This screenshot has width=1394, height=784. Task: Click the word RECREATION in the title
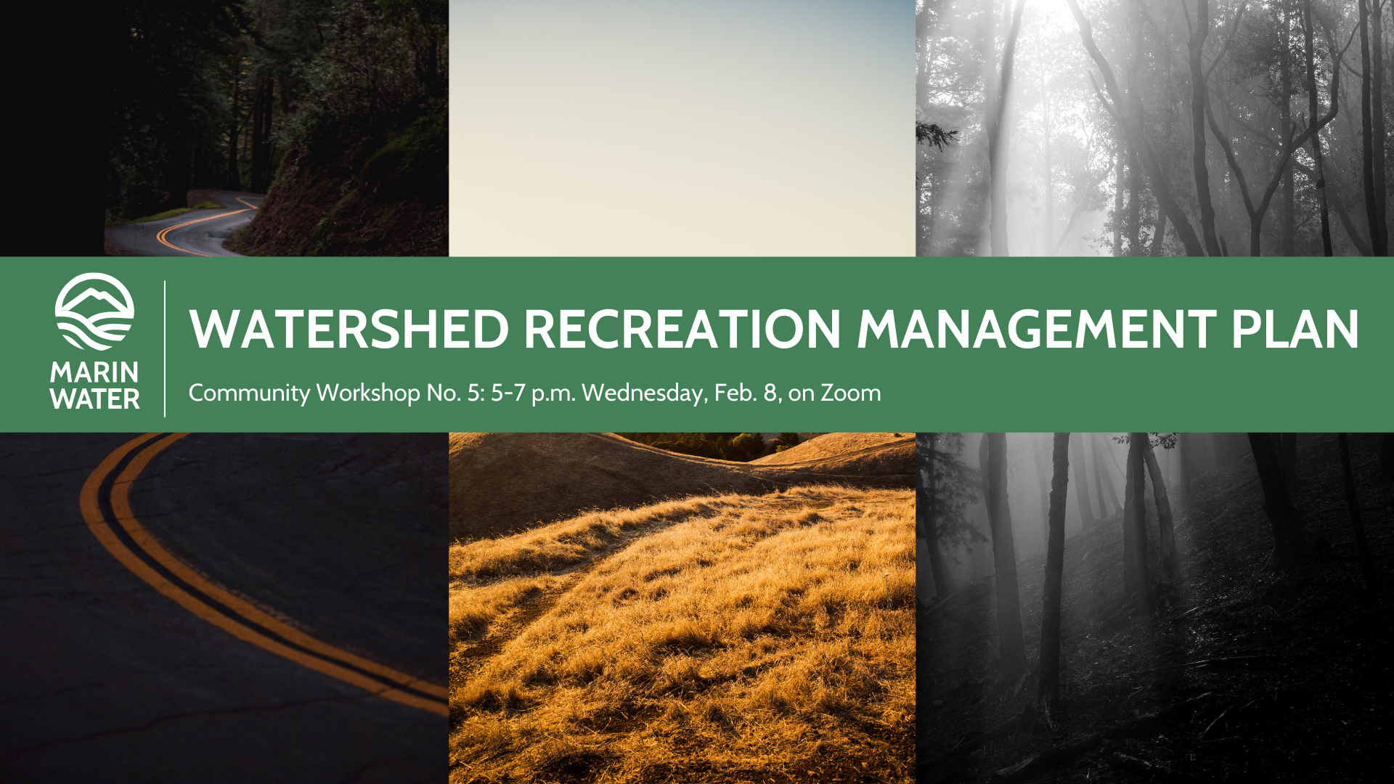point(682,330)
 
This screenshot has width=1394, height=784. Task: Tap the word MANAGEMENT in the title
point(1036,330)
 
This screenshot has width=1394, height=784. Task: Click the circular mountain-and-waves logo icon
point(94,312)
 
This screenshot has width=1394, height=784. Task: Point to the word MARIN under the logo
point(94,372)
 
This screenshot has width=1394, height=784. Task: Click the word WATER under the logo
point(94,399)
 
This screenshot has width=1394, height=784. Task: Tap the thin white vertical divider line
point(165,348)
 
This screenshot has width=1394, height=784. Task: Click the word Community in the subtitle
point(249,393)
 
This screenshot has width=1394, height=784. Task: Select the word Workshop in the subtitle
point(368,393)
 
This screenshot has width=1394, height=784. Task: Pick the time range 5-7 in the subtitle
point(508,393)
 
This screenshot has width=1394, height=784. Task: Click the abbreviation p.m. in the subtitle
point(553,393)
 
